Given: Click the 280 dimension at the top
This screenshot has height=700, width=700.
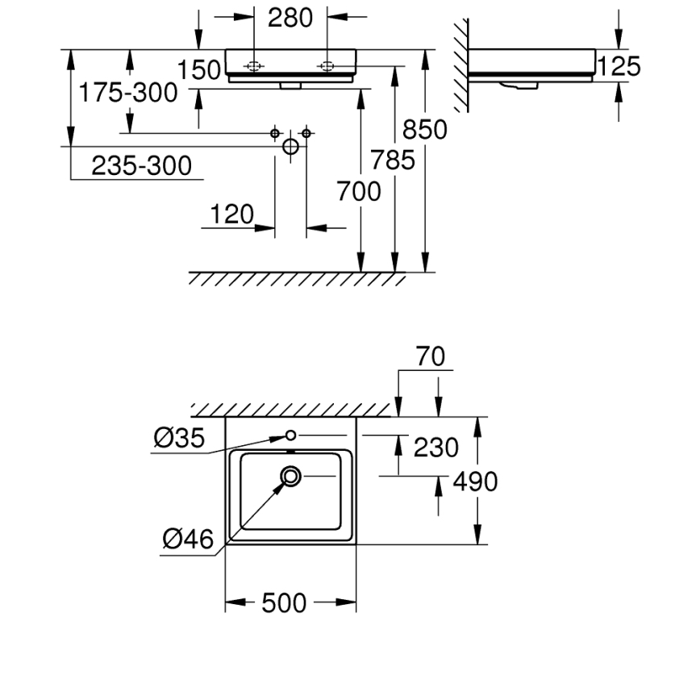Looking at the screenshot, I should pyautogui.click(x=290, y=18).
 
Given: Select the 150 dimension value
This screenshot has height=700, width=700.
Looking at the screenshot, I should pyautogui.click(x=199, y=71).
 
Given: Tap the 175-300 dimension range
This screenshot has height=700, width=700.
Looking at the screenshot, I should pyautogui.click(x=127, y=93).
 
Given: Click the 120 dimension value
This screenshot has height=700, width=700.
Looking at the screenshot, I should pyautogui.click(x=231, y=215).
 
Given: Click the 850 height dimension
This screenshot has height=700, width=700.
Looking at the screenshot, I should pyautogui.click(x=424, y=129).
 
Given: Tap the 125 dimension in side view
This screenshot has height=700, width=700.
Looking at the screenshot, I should pyautogui.click(x=621, y=66).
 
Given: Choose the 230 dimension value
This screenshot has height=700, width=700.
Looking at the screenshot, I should pyautogui.click(x=436, y=447).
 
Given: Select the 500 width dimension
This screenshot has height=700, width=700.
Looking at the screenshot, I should pyautogui.click(x=284, y=602).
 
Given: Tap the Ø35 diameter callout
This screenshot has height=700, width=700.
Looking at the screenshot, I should pyautogui.click(x=180, y=438).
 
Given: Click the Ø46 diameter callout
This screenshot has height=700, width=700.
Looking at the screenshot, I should pyautogui.click(x=188, y=539).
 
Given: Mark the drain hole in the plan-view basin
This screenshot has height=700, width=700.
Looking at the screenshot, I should pyautogui.click(x=290, y=477).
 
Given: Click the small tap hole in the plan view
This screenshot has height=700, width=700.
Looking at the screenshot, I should pyautogui.click(x=290, y=435).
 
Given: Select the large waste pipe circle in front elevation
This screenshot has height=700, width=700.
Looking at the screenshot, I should pyautogui.click(x=290, y=147).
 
